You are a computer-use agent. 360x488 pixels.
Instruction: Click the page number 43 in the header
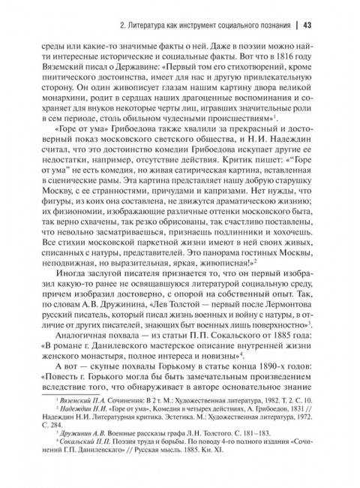307,26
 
